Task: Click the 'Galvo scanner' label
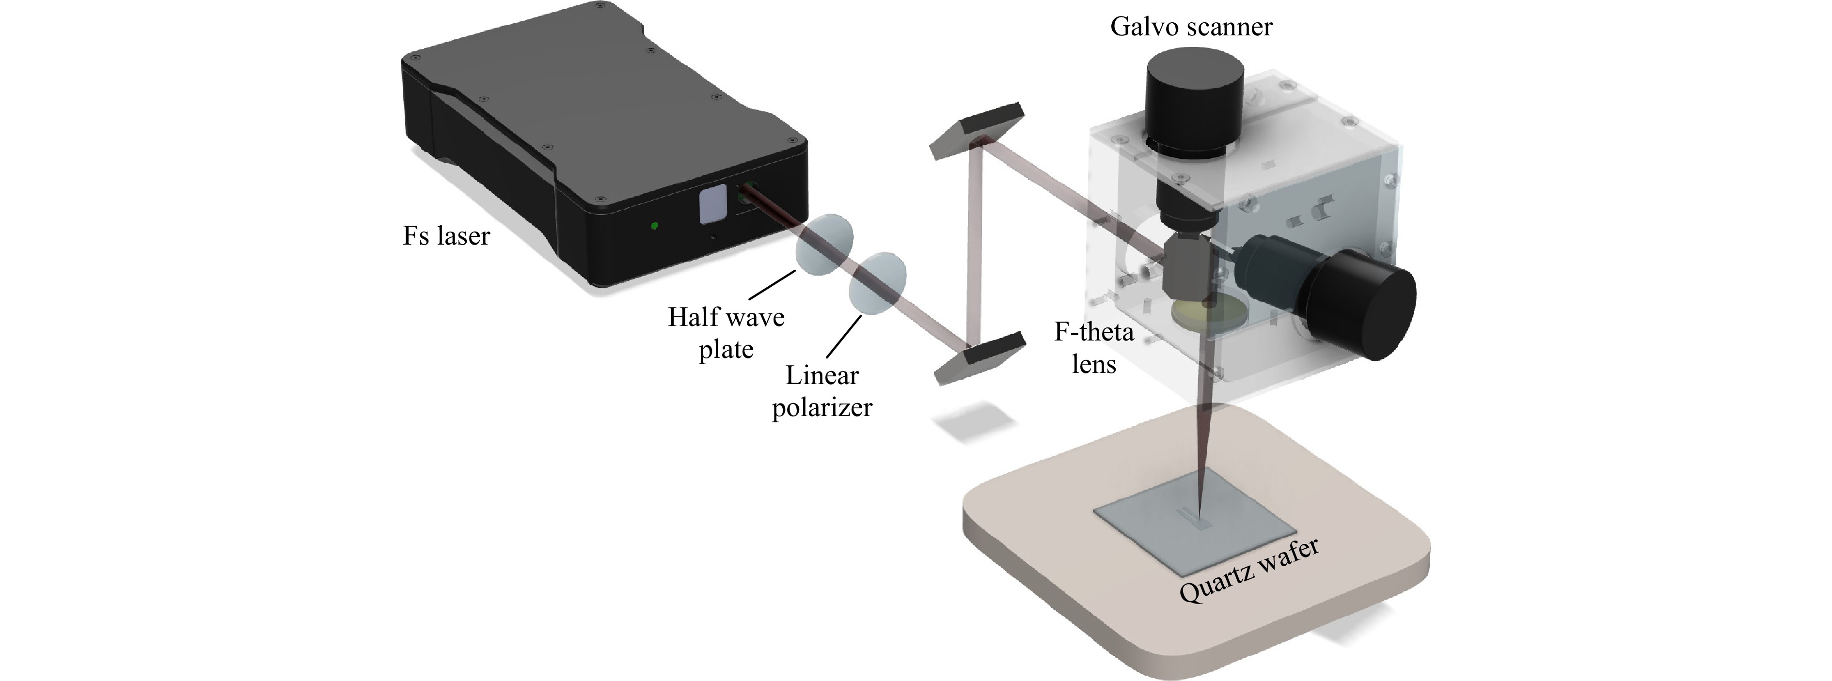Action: pyautogui.click(x=1191, y=27)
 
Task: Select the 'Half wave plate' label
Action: pyautogui.click(x=726, y=333)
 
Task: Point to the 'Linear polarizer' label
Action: pyautogui.click(x=821, y=391)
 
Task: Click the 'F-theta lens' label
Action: pyautogui.click(x=1094, y=348)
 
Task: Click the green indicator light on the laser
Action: pyautogui.click(x=654, y=226)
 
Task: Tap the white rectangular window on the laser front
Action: pyautogui.click(x=711, y=205)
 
